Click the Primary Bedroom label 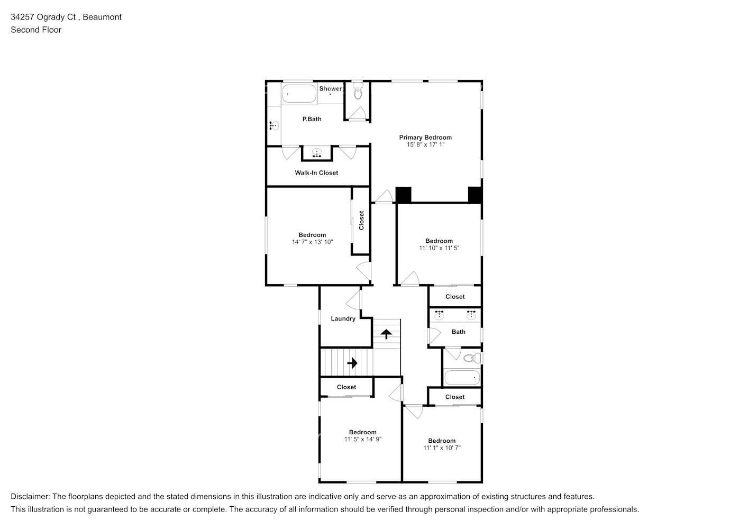[x=425, y=138]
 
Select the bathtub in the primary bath [x=299, y=94]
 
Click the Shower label [x=331, y=89]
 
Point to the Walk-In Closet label [x=316, y=173]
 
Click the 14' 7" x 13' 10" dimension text [x=312, y=242]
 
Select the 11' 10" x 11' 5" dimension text [x=439, y=248]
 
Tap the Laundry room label [x=343, y=318]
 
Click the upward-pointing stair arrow [x=386, y=334]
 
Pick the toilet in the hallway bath [x=472, y=358]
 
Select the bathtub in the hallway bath [x=462, y=378]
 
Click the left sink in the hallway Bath [x=439, y=315]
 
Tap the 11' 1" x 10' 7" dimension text [x=442, y=448]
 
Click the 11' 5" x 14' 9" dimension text [x=363, y=440]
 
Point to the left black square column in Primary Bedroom [x=404, y=195]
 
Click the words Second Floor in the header [x=36, y=30]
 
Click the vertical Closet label [x=362, y=221]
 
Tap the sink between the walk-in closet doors [x=317, y=153]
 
